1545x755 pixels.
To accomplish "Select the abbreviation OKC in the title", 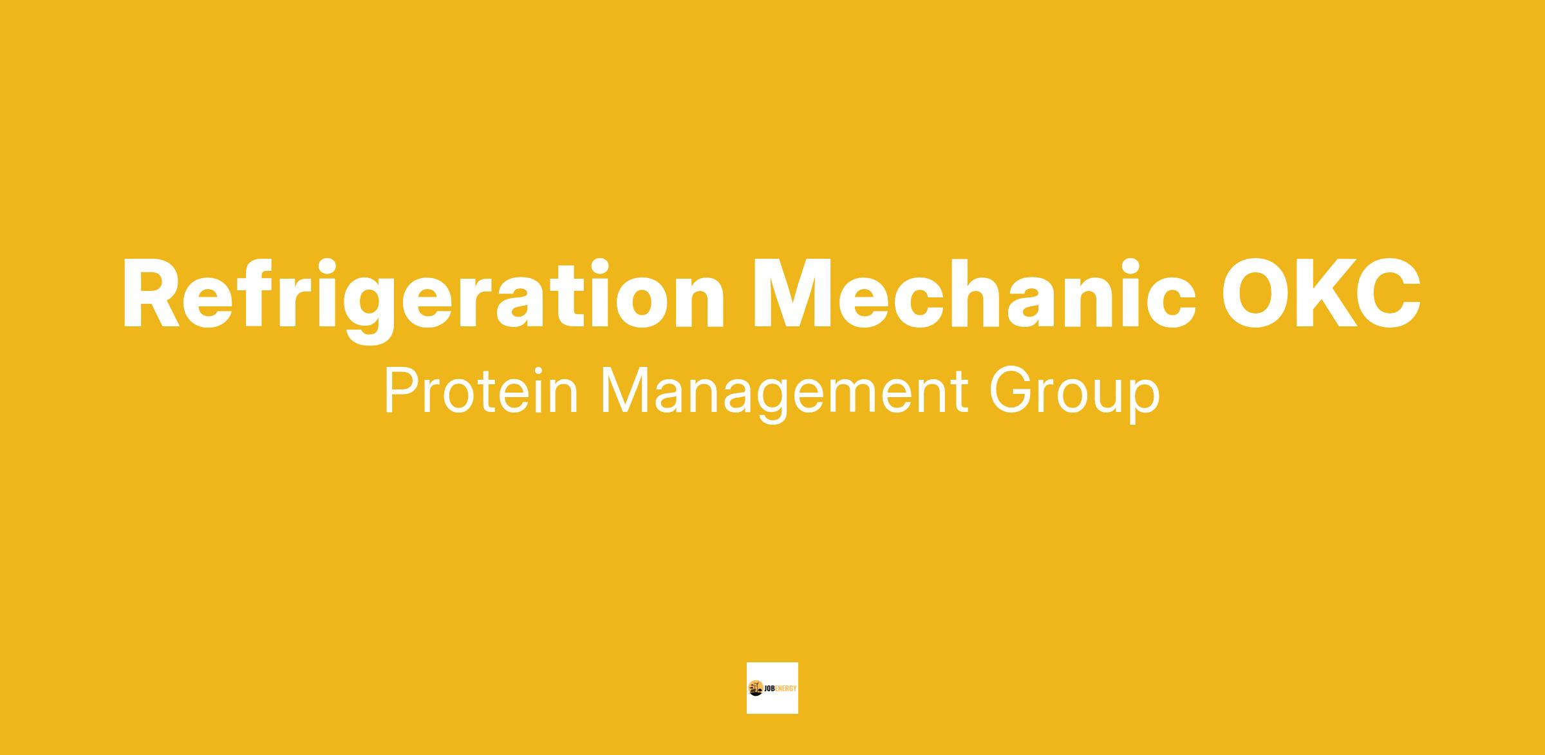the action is (x=1321, y=294).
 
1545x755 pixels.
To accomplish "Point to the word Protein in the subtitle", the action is (x=481, y=391).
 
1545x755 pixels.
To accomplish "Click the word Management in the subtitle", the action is (x=784, y=395).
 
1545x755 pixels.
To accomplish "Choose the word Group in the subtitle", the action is (x=1074, y=395).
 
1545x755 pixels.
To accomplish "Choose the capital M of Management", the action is (x=624, y=391).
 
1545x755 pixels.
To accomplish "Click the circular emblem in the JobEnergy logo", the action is (x=756, y=688).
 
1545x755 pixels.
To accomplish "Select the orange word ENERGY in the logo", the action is (x=785, y=689).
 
